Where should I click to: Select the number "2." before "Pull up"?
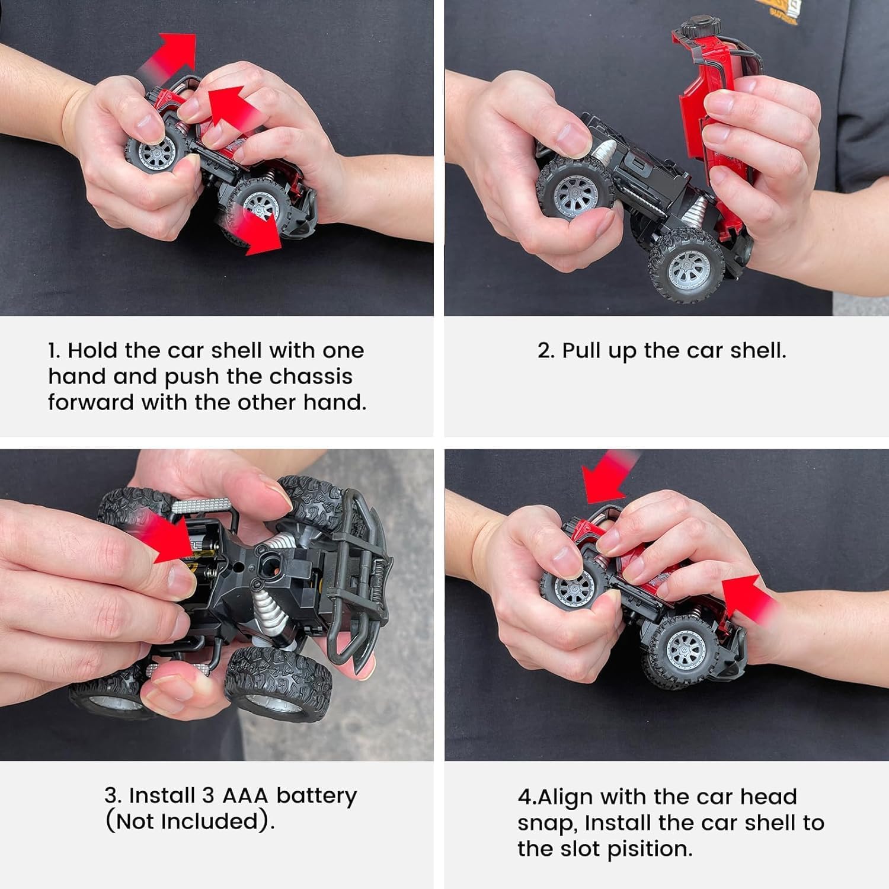pos(546,351)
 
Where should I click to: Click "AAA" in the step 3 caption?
pos(245,795)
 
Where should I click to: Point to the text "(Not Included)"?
pos(190,821)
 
